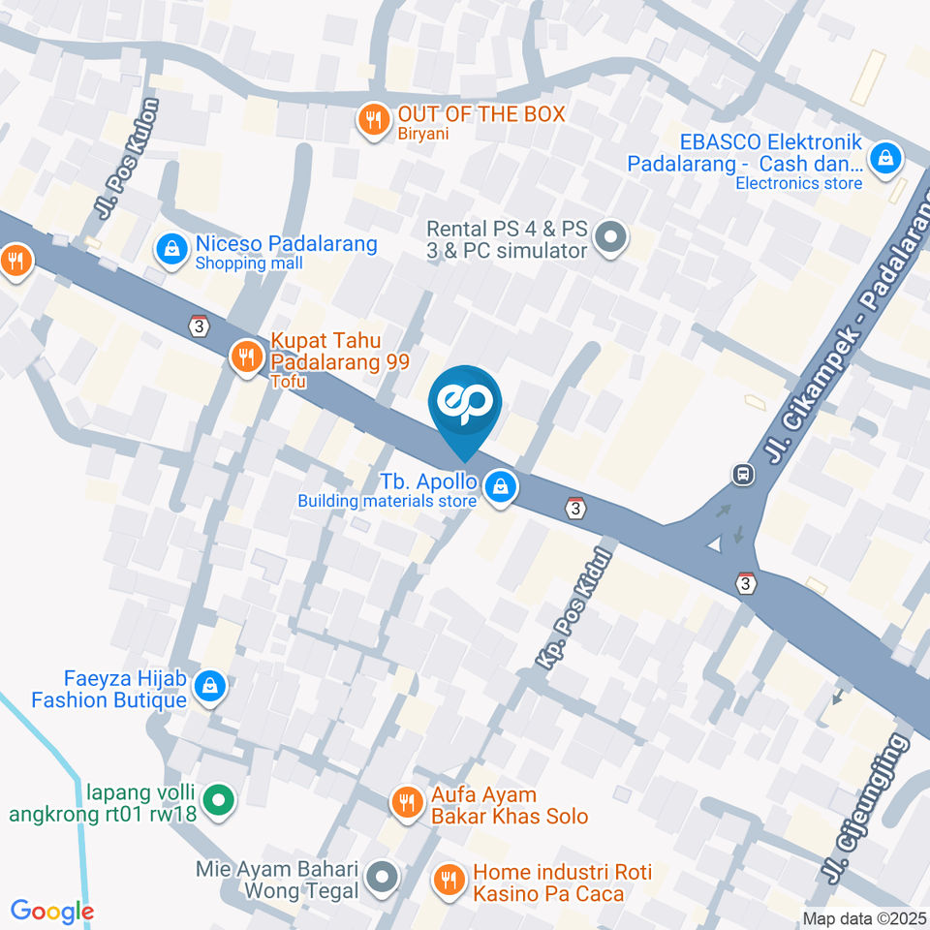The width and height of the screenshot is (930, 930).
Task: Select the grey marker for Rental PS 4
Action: point(610,235)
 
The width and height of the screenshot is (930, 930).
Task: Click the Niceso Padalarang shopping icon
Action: point(171,250)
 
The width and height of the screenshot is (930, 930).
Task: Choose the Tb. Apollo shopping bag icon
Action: point(500,486)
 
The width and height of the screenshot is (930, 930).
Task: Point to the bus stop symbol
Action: point(743,475)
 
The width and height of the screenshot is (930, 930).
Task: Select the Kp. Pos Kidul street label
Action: point(575,608)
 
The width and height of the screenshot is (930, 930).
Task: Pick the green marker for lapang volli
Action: point(220,801)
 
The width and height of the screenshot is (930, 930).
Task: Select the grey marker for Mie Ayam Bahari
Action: point(384,878)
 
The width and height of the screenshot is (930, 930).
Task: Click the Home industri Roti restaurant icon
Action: point(448,880)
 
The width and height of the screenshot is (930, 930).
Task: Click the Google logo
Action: point(52,911)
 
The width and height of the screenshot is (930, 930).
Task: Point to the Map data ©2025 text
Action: point(864,917)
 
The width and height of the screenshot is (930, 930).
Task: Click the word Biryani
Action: point(423,134)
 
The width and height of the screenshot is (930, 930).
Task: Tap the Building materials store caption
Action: point(387,501)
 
